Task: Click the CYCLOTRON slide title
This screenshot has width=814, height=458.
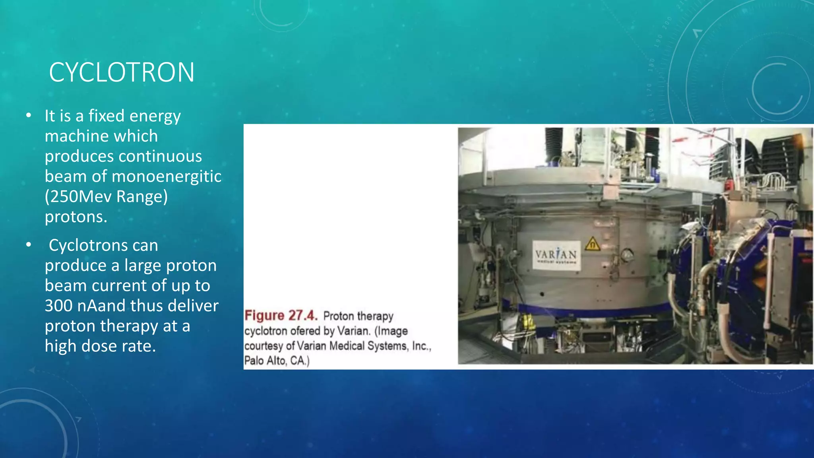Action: (122, 72)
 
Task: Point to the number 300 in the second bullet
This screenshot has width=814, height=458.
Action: (58, 306)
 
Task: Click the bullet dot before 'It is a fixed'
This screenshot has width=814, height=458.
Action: (28, 116)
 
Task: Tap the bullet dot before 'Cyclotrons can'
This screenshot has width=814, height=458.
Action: (28, 245)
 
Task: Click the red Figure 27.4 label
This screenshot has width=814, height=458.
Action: (281, 316)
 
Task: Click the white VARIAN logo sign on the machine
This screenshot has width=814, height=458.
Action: (556, 255)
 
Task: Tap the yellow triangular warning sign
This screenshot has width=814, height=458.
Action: (592, 244)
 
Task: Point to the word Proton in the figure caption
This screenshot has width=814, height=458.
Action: (338, 316)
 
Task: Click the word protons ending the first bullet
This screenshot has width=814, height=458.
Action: (76, 217)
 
